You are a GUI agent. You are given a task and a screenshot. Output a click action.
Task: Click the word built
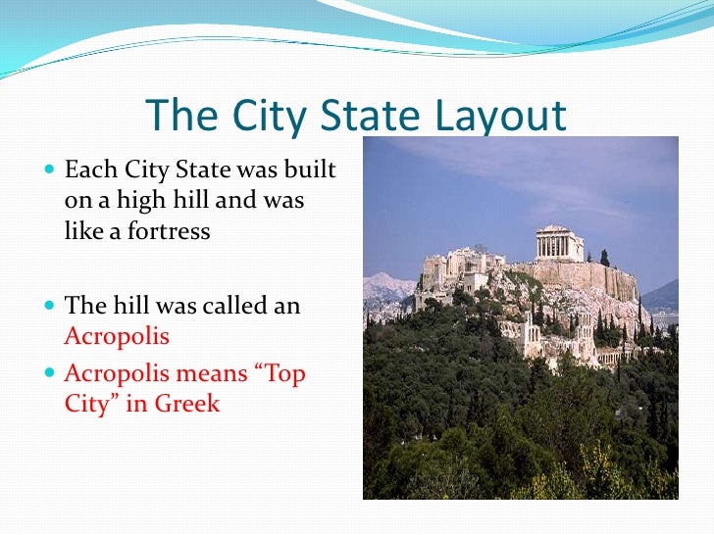coord(310,170)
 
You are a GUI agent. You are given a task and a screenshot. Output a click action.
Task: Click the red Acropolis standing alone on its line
coord(117,336)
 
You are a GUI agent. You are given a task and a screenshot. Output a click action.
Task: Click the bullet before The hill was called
coord(51,307)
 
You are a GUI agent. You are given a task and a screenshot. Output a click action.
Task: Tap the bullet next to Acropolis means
coord(51,374)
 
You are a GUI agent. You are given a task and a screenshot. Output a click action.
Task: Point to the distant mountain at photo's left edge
coord(384,287)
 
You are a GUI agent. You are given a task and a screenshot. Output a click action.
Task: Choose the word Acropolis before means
coord(117,373)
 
